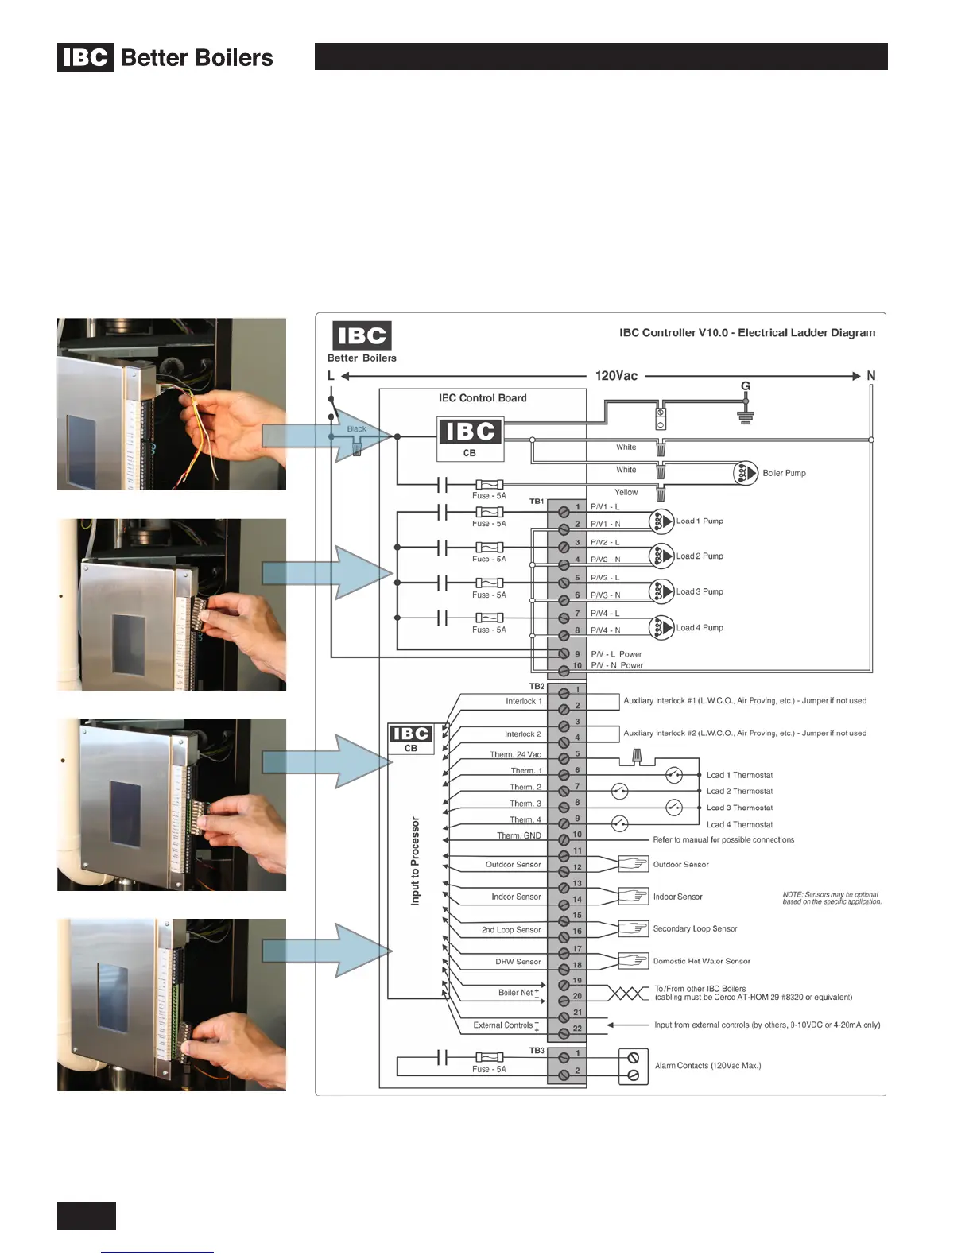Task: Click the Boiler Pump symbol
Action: click(x=745, y=473)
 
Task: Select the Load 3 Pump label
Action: click(x=700, y=591)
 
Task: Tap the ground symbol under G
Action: click(x=746, y=416)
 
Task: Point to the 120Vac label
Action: click(x=616, y=376)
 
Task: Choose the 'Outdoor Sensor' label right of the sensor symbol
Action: click(x=680, y=864)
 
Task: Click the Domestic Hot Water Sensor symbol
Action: click(x=634, y=961)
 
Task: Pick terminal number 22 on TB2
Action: click(x=577, y=1029)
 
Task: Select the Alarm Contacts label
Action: click(x=707, y=1066)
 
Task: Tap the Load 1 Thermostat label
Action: click(x=739, y=775)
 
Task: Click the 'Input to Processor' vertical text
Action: click(x=415, y=861)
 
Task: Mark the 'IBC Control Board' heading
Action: click(x=483, y=398)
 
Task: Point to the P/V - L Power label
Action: click(x=616, y=654)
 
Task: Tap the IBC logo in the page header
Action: click(x=86, y=57)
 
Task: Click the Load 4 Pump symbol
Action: click(x=661, y=627)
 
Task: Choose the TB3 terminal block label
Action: click(x=537, y=1051)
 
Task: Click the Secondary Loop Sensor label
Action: click(x=695, y=928)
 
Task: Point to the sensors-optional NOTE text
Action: click(x=832, y=898)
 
